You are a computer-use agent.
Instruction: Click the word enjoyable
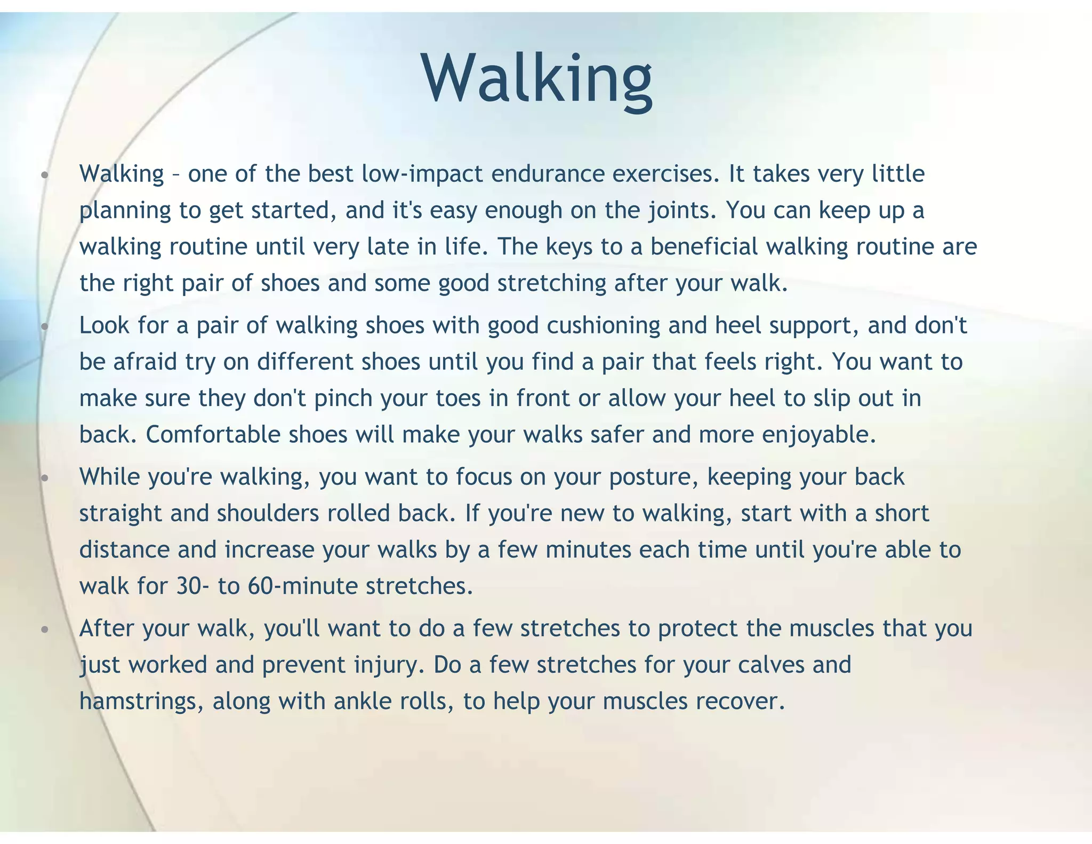(x=819, y=435)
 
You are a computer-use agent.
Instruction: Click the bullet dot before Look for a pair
(x=45, y=326)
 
